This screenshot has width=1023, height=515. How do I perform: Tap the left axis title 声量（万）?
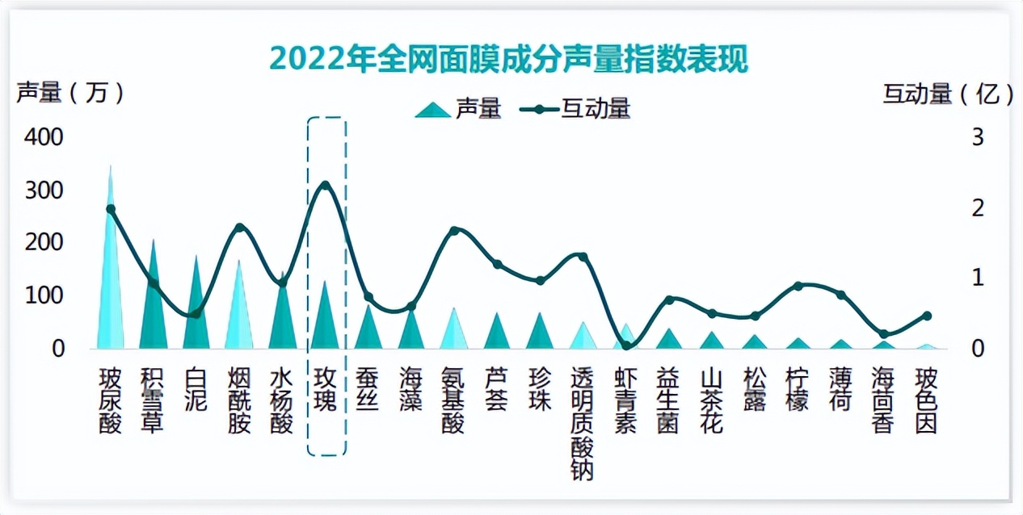tap(71, 94)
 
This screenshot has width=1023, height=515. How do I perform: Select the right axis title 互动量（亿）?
tap(948, 94)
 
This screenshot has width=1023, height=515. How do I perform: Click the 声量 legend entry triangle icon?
tap(433, 110)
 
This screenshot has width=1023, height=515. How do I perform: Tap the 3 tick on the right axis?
tap(978, 137)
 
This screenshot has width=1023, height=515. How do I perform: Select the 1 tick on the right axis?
tap(978, 278)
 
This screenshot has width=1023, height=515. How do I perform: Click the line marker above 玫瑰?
tap(326, 186)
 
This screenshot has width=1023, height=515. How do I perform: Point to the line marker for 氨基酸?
tap(454, 231)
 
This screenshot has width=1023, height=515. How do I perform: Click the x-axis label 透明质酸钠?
tap(583, 424)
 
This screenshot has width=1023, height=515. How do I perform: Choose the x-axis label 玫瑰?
tap(326, 390)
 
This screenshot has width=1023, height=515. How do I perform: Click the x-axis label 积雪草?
tap(153, 401)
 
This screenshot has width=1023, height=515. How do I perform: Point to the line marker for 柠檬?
tap(798, 286)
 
